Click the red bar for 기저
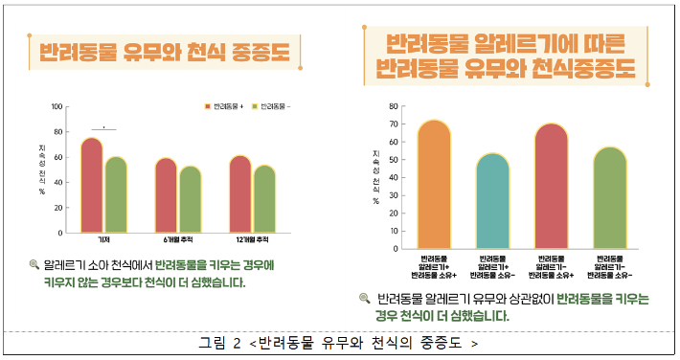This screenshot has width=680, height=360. (91, 186)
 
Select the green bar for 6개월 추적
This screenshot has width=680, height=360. (191, 199)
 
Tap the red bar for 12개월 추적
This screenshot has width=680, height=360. (239, 193)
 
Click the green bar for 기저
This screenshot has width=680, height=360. (116, 194)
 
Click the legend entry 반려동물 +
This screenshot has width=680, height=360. (226, 106)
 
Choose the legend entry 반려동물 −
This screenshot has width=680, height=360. (272, 106)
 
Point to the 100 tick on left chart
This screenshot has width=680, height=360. (57, 107)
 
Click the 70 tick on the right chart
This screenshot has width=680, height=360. (393, 124)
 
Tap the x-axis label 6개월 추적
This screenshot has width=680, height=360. (178, 239)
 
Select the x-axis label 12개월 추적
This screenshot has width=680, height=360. (252, 239)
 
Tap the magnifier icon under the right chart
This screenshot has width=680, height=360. (365, 299)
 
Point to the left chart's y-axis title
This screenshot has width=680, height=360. (42, 168)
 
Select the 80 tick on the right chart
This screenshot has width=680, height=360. (393, 106)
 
